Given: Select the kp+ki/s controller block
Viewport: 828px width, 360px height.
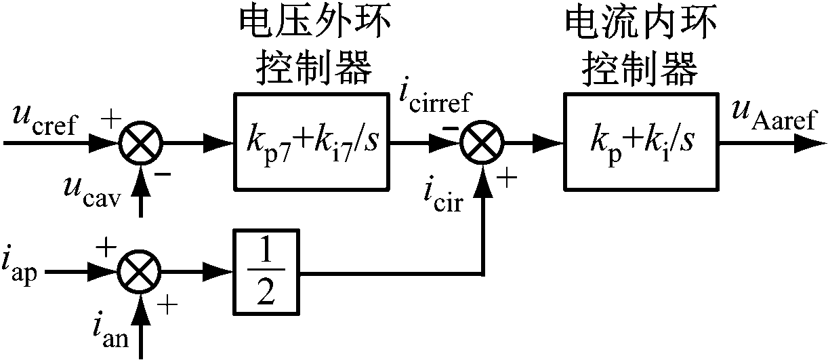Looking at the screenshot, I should pos(640,140).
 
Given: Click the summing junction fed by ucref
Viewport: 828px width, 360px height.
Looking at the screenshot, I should pos(140,143).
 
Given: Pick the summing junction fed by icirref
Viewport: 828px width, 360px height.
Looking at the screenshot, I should pos(482,143).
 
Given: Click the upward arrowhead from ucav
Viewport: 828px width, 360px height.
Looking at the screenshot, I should pos(140,178).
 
